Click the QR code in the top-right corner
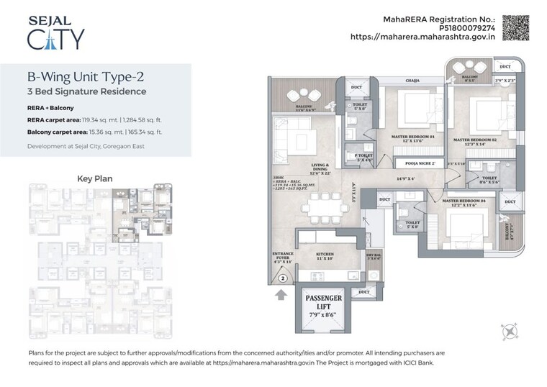coord(515,27)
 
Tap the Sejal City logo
coord(55,30)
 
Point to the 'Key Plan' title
coord(95,178)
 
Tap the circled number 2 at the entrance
coord(283,278)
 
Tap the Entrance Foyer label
coord(282,257)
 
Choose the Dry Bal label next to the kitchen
coord(373,255)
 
